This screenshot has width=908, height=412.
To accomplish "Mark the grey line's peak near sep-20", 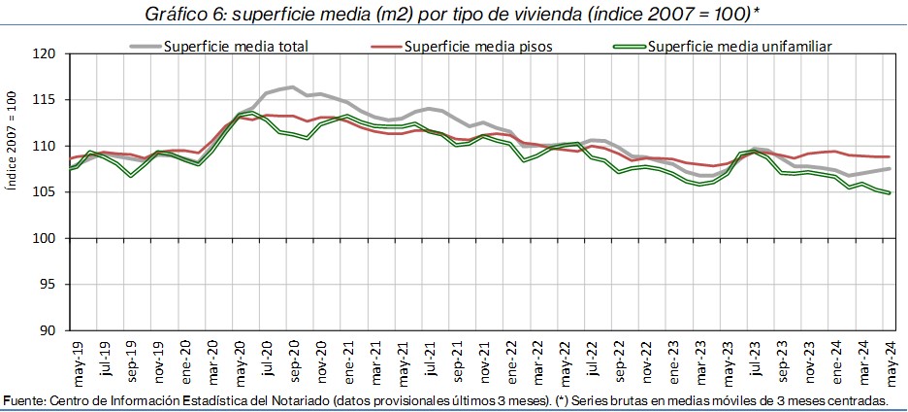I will [x=292, y=87].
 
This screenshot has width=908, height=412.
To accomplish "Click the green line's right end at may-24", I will [x=890, y=193].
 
